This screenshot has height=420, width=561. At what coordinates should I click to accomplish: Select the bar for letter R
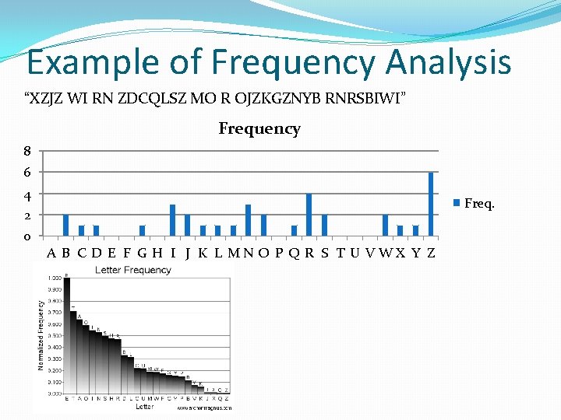(309, 215)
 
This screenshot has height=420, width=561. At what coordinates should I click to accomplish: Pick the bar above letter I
(172, 220)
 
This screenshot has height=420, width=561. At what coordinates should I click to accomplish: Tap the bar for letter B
(66, 225)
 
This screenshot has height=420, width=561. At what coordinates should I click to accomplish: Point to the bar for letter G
(142, 230)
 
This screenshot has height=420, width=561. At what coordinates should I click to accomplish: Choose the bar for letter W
(385, 225)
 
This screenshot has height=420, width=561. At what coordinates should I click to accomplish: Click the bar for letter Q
(294, 230)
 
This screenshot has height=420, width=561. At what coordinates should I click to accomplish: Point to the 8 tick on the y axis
(26, 152)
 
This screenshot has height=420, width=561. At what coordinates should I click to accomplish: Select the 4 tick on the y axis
(26, 194)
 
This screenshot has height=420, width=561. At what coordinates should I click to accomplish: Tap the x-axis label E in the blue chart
(111, 253)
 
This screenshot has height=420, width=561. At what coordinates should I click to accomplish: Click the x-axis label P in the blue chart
(278, 253)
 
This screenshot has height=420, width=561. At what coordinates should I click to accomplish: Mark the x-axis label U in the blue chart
(355, 253)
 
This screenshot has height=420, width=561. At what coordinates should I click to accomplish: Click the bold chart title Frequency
(259, 129)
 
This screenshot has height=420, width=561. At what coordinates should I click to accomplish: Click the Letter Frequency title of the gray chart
(133, 270)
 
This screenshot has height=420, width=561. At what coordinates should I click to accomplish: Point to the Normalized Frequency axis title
(41, 334)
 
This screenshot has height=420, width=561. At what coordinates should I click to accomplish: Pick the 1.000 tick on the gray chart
(55, 278)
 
